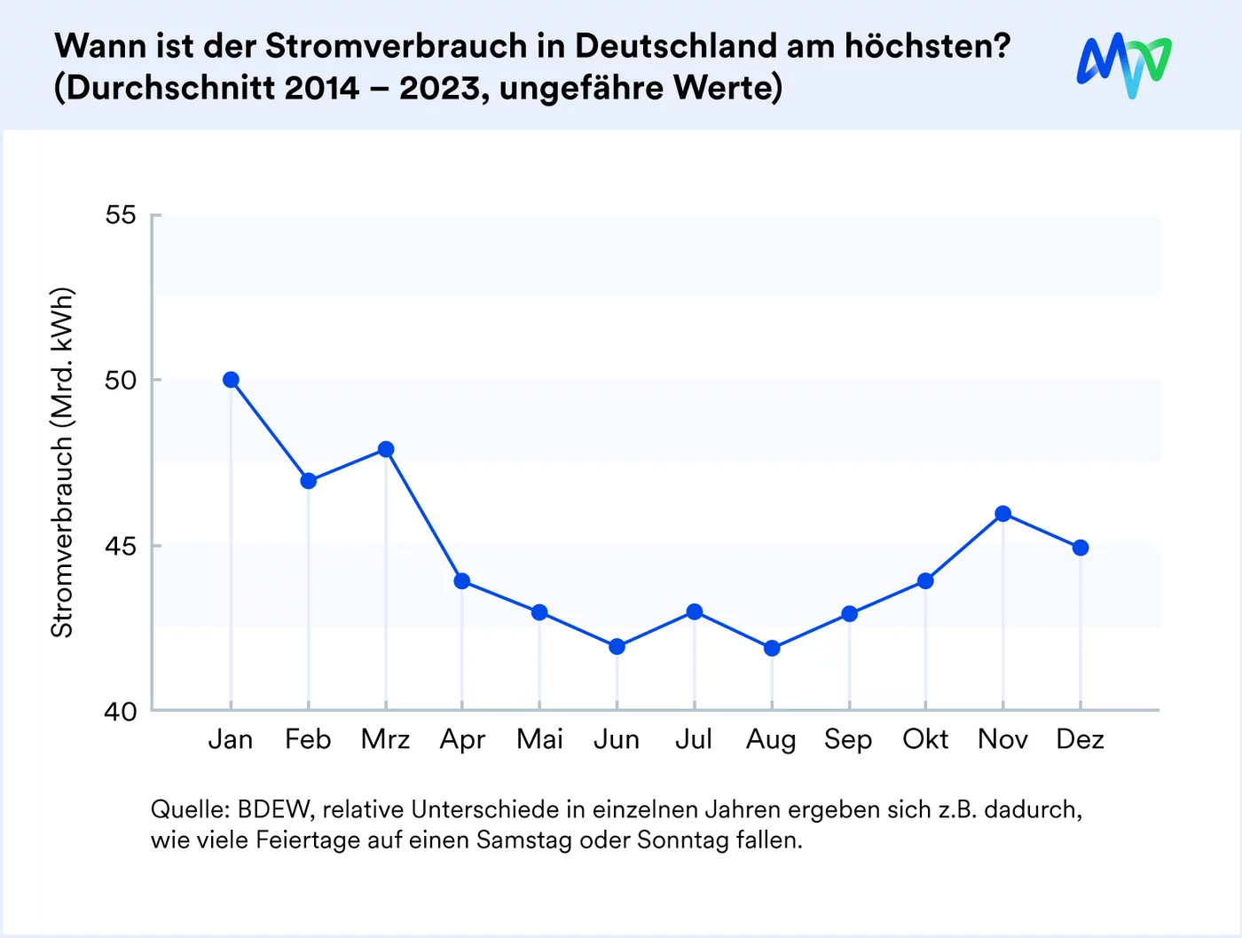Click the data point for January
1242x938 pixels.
231,380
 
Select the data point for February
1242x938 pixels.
309,481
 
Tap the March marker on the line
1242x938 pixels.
386,449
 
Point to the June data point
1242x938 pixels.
617,647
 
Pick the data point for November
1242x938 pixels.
1003,514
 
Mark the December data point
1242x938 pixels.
1081,548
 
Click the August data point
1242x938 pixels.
772,649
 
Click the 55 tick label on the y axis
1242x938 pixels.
121,215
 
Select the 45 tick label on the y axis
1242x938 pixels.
121,546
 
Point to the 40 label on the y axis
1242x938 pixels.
121,711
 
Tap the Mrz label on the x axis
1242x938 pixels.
386,739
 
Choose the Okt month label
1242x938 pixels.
925,739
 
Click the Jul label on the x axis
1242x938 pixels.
694,739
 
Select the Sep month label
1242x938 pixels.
848,739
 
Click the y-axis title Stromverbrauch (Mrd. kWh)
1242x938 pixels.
61,462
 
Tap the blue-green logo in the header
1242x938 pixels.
1124,66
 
